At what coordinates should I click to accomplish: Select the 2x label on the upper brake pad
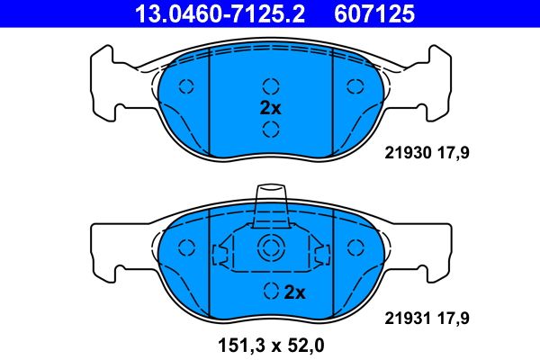[270, 107]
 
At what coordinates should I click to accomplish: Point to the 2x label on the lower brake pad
[295, 292]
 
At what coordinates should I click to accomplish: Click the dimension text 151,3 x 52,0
[270, 344]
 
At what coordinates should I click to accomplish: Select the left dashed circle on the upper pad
[187, 86]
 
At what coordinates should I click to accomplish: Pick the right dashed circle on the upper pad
[353, 86]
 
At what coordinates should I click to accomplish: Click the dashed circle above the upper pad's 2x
[270, 86]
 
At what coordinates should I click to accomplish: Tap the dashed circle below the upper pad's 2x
[270, 129]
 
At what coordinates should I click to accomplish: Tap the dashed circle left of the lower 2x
[270, 292]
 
